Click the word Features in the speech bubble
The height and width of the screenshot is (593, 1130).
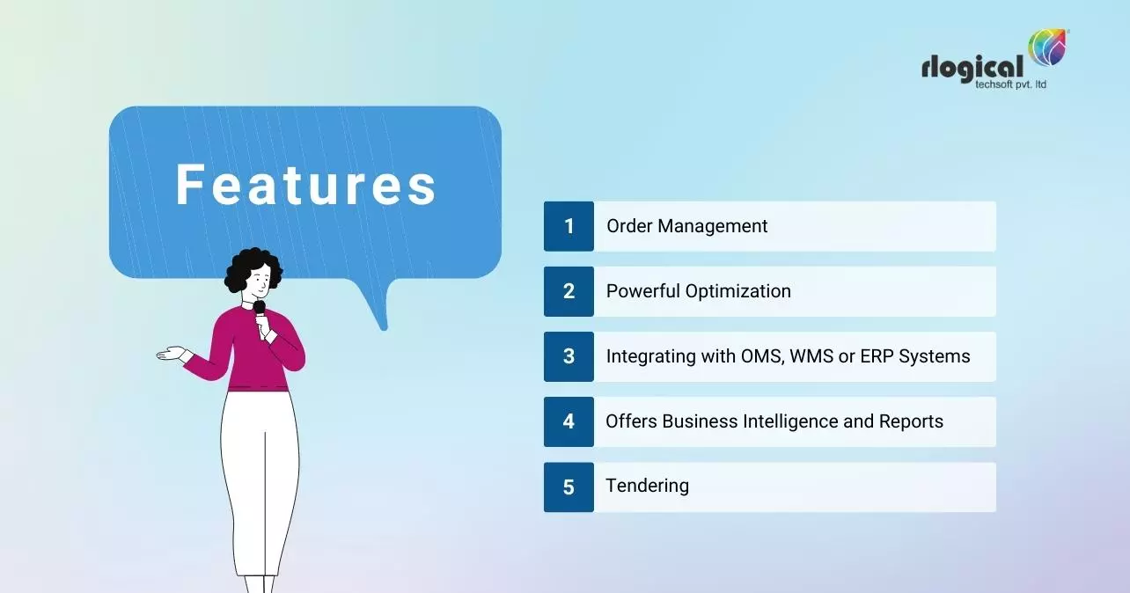tap(305, 185)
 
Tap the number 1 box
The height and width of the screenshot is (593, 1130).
tap(569, 226)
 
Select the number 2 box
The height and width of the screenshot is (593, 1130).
tap(569, 291)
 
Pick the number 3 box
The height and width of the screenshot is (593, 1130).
tap(569, 356)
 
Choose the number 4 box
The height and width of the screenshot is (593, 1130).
tap(569, 421)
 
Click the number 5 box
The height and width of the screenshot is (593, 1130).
tap(569, 487)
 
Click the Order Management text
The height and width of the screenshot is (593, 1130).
tap(686, 226)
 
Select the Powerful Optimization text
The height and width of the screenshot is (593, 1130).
tap(698, 291)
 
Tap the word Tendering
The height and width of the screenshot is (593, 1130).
tap(647, 486)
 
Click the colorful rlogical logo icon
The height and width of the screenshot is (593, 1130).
tap(1048, 48)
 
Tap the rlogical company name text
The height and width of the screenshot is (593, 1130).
tap(972, 67)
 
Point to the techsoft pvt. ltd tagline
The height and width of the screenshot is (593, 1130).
tap(1010, 84)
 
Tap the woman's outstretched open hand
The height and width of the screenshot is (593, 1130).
tap(172, 354)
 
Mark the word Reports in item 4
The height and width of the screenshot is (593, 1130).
tap(911, 421)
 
